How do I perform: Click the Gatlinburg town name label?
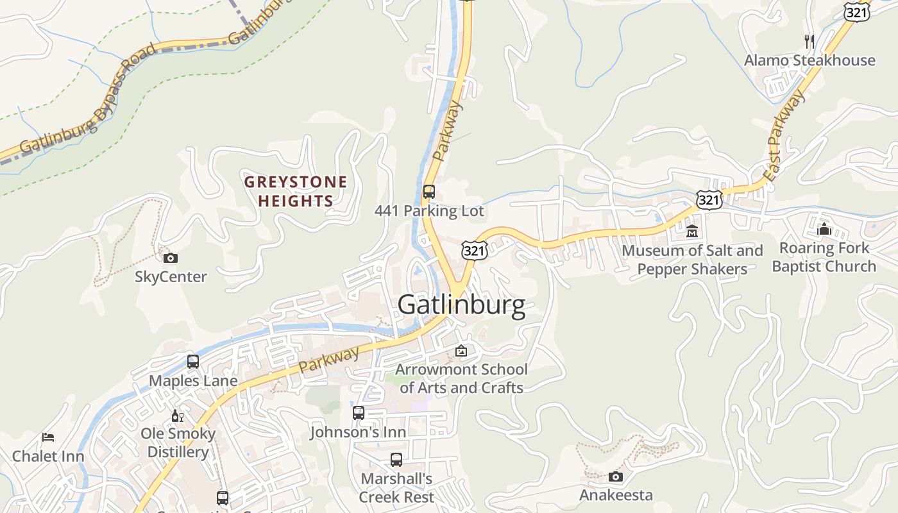(x=461, y=305)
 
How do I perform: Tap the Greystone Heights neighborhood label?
(x=296, y=191)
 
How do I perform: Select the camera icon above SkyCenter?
(x=171, y=258)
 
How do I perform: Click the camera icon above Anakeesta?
(x=616, y=476)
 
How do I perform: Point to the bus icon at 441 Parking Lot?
(x=429, y=192)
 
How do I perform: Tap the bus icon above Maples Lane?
(x=193, y=362)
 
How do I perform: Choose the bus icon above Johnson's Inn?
(x=359, y=413)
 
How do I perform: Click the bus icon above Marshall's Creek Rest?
(x=396, y=460)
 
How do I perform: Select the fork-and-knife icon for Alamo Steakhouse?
(x=809, y=42)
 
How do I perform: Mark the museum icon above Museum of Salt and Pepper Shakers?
(x=692, y=231)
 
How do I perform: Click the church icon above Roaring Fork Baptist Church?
(x=824, y=229)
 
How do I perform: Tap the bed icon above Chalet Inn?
(x=48, y=437)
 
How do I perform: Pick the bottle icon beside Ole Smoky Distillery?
(x=178, y=416)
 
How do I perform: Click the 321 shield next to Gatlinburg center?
(x=473, y=251)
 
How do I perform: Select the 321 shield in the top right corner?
(x=857, y=11)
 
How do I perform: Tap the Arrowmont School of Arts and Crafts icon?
(x=461, y=351)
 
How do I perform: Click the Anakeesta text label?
(x=616, y=495)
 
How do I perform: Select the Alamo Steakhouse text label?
(x=809, y=60)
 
